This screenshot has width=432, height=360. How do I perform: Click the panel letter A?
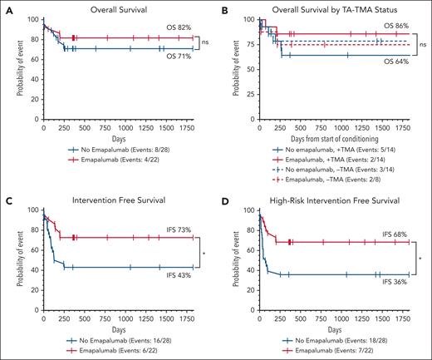pos(6,7)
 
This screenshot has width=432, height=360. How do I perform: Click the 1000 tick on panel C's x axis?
pos(129,320)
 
